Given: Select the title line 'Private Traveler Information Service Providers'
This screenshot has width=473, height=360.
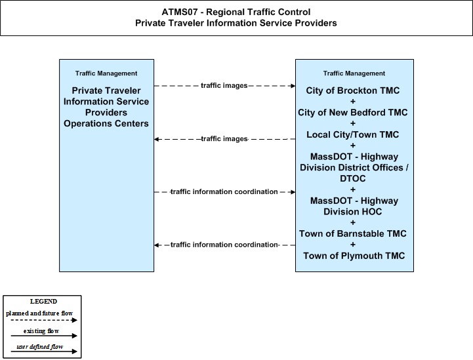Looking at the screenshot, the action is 236,23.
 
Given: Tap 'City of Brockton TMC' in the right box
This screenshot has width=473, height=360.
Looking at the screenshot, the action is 353,90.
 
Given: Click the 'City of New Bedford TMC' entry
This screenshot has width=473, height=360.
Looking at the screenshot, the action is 353,113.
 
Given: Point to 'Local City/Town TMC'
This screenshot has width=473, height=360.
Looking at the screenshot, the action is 353,134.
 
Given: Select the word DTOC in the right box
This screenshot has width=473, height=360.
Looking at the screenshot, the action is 353,178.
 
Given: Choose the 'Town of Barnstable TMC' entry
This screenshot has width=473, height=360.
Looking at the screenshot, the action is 353,233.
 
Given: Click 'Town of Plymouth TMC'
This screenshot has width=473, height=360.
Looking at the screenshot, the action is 354,256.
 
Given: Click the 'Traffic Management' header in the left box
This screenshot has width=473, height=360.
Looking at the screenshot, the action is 106,73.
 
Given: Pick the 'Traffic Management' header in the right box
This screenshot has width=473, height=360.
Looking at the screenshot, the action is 354,73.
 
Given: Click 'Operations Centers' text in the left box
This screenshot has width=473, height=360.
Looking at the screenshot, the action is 106,124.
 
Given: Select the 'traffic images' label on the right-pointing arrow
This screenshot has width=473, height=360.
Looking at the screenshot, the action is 224,86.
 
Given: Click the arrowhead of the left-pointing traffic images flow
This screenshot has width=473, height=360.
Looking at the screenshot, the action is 156,139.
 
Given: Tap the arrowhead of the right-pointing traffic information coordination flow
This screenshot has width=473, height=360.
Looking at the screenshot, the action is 293,192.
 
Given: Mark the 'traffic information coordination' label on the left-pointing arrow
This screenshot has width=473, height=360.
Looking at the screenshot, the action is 224,245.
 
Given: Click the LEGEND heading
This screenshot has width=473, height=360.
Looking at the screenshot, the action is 43,302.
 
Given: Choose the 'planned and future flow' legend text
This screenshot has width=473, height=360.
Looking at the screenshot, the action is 39,313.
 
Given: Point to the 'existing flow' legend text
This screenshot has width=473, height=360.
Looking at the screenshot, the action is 41,331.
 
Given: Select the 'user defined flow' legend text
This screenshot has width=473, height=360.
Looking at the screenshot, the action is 40,347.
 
